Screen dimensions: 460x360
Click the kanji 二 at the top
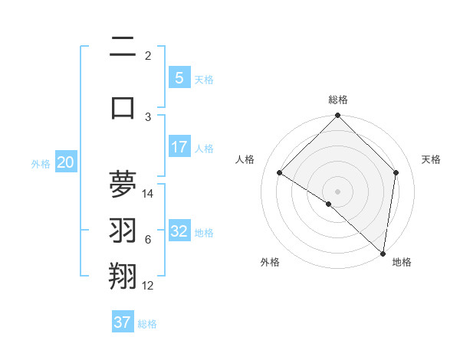(123, 48)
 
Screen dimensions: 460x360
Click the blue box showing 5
(179, 77)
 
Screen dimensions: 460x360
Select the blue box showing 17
(179, 146)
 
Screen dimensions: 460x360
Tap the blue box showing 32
(179, 231)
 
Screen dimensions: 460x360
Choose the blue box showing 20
(66, 162)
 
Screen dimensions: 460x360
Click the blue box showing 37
(123, 322)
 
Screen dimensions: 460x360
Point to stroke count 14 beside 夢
(149, 193)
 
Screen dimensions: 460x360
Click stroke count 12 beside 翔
(148, 286)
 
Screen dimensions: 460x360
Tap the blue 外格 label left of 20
(40, 163)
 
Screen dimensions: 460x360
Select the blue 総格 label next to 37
(148, 324)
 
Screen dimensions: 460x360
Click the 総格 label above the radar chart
(337, 100)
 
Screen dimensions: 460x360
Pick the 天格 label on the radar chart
(431, 159)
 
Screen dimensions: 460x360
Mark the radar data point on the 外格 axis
(328, 204)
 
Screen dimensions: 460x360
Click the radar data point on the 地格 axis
(383, 254)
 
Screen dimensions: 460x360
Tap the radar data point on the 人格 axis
(280, 173)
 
